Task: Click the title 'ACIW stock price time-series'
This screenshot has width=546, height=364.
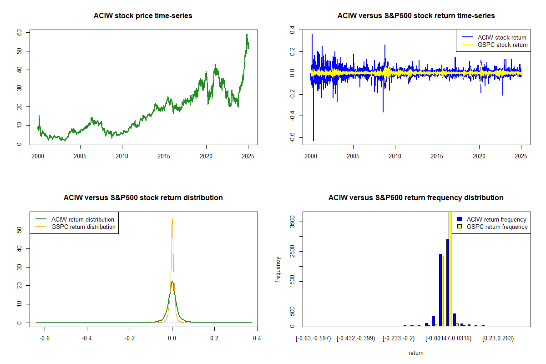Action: (143, 16)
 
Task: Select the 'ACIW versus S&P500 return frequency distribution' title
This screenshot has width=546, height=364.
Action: (416, 198)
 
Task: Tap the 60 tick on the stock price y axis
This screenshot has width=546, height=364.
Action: (19, 33)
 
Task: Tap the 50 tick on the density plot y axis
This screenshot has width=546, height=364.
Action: (19, 230)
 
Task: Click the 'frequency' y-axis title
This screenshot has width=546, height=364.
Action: (278, 270)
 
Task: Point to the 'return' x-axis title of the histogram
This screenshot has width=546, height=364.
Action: (416, 353)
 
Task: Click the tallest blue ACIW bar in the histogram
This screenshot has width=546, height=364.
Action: (448, 282)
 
